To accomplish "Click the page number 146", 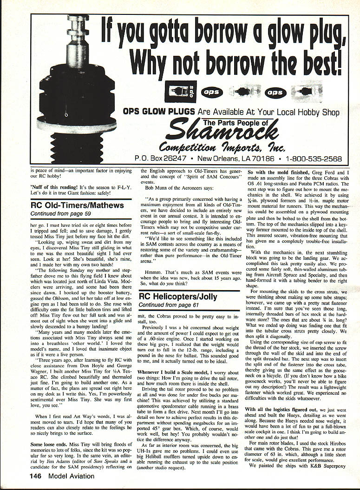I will point(38,476).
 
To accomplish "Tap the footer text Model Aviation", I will point(72,476).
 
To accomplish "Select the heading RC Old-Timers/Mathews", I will point(77,205).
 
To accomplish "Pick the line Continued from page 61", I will point(168,305).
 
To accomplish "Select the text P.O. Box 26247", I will point(161,158).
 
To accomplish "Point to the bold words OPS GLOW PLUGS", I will point(159,112).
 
